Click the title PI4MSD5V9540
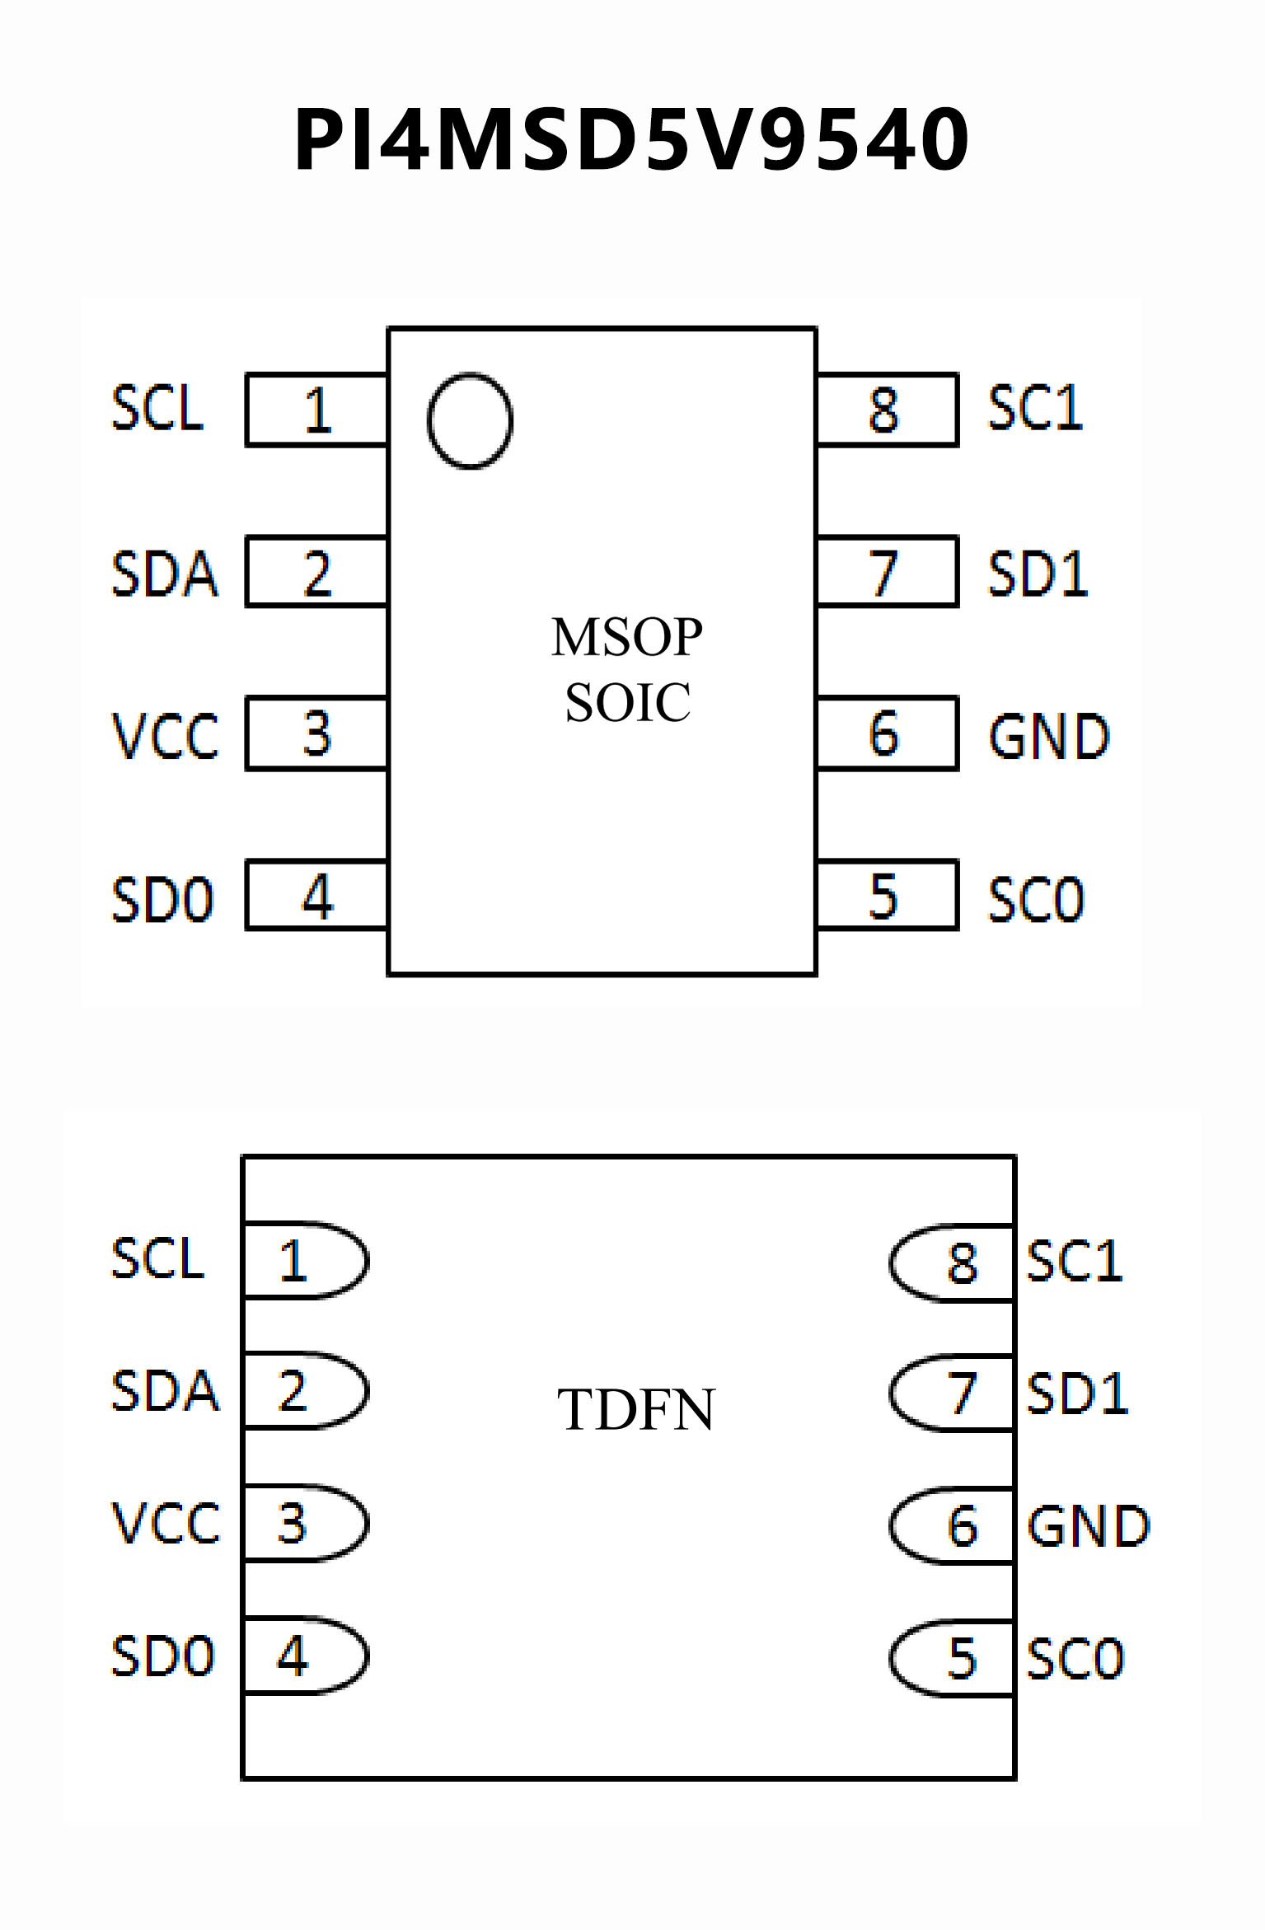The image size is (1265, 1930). (632, 140)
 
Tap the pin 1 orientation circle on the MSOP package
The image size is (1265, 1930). (471, 420)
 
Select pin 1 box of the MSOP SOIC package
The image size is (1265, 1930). (317, 410)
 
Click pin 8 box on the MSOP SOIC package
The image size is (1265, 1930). (887, 410)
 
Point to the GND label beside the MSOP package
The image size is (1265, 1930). (1049, 736)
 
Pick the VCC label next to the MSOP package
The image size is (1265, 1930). (166, 735)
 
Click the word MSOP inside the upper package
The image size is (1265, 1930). (627, 637)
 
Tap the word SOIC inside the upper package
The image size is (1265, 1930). (627, 703)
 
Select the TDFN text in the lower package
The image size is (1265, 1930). (635, 1410)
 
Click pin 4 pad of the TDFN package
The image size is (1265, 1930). (305, 1656)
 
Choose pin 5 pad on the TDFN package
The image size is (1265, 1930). (952, 1658)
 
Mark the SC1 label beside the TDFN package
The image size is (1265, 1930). (1075, 1261)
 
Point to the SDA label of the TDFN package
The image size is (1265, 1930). (166, 1391)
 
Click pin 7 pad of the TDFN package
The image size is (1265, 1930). (952, 1394)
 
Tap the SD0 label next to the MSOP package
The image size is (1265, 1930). (163, 899)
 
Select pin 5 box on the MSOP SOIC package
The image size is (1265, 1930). (887, 896)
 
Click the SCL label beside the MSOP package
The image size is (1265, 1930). (157, 408)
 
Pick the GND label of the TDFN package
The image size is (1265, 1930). (1088, 1526)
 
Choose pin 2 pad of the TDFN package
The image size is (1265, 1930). (305, 1391)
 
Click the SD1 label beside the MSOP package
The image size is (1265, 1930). (1038, 574)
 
